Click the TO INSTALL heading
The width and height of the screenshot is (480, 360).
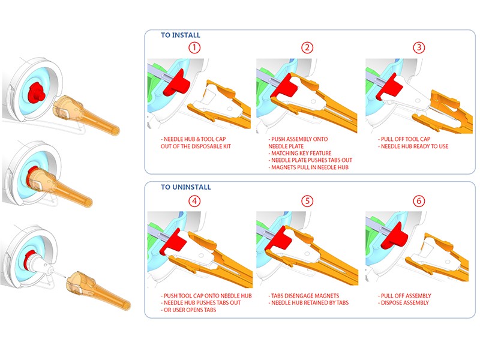tap(181, 35)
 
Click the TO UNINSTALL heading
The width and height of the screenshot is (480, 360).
tap(186, 187)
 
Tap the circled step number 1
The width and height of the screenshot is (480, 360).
tap(194, 48)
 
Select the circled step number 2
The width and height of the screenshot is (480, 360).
tap(307, 48)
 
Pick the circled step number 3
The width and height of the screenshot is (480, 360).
tap(419, 47)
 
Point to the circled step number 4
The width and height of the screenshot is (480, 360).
tap(194, 201)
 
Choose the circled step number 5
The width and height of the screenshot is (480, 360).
tap(307, 201)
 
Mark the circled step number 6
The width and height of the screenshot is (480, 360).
tap(419, 201)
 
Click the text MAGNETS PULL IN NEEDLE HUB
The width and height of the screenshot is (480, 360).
tap(310, 167)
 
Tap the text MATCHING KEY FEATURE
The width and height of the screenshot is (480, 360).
tap(301, 153)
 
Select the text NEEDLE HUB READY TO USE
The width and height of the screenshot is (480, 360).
tap(415, 146)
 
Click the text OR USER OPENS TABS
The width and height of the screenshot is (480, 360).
tap(190, 310)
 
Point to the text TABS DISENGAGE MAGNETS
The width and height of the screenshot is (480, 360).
tap(305, 296)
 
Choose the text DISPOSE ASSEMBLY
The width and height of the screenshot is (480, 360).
tap(404, 303)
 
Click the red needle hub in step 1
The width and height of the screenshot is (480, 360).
tap(176, 83)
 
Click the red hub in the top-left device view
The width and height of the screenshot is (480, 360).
tap(37, 92)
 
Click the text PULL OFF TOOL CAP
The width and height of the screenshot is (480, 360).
tap(406, 139)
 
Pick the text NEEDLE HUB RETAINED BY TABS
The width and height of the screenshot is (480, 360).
tap(310, 303)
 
